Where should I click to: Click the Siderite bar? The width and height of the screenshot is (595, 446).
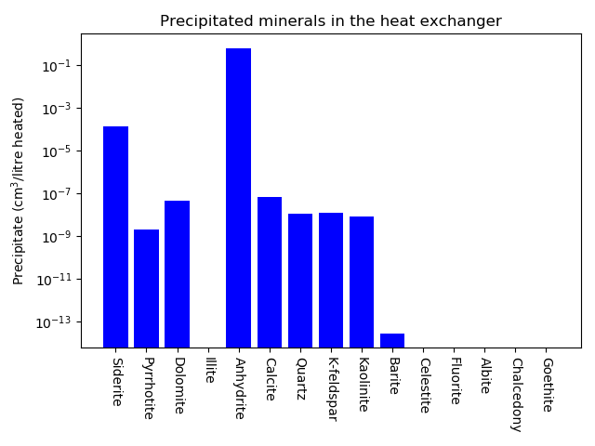(x=115, y=237)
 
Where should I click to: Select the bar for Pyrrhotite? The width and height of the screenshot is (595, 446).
(x=146, y=288)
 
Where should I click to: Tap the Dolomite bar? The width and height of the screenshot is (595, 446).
(x=177, y=274)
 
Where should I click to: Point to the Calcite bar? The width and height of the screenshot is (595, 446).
(x=270, y=272)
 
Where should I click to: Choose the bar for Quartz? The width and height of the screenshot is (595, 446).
(x=300, y=281)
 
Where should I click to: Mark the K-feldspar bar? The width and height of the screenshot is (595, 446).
(x=331, y=280)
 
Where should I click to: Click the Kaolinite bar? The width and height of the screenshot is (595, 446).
(x=362, y=282)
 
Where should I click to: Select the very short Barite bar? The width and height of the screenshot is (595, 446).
(x=392, y=340)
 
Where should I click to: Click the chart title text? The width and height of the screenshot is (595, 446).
(x=330, y=21)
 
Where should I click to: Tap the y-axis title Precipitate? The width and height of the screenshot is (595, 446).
(x=19, y=190)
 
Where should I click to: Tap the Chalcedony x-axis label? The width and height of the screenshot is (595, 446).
(x=516, y=395)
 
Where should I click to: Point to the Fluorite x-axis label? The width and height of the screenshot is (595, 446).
(x=455, y=381)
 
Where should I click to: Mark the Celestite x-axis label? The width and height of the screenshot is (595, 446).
(x=424, y=384)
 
